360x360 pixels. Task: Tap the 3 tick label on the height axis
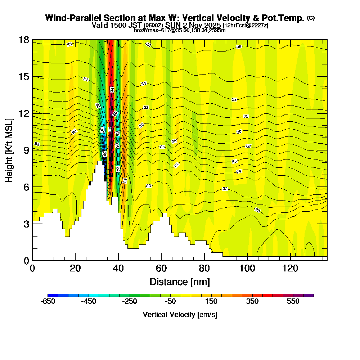pos(26,224)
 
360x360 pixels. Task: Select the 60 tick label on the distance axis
pos(161,269)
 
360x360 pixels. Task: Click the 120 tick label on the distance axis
pos(290,269)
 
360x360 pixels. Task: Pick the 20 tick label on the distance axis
pos(75,269)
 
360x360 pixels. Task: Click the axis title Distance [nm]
pos(180,281)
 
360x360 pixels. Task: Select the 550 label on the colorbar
pos(293,301)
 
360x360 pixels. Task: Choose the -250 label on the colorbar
pos(130,301)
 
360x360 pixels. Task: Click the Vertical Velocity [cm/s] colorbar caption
pos(180,315)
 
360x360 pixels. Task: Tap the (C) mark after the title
pos(311,18)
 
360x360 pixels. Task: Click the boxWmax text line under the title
pos(180,30)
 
